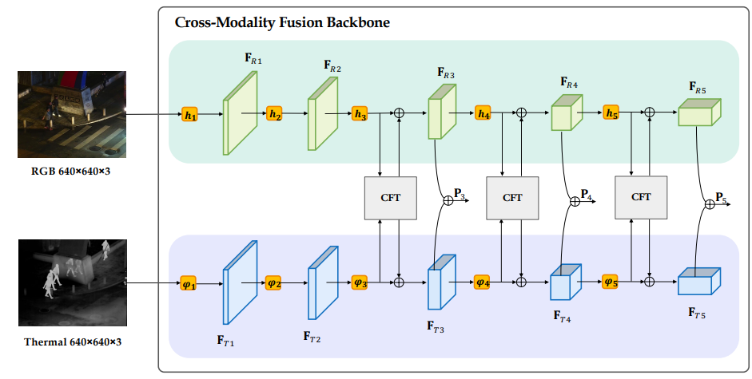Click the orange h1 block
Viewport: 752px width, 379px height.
(189, 115)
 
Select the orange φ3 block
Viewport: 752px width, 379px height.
(360, 282)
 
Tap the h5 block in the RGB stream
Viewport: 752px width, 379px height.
(611, 115)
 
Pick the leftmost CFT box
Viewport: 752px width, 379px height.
(391, 198)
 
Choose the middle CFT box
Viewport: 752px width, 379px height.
(513, 198)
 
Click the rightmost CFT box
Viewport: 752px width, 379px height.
(641, 198)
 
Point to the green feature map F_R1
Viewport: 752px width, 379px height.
(241, 113)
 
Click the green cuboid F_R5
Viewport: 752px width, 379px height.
(698, 113)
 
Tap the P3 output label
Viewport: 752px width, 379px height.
(460, 192)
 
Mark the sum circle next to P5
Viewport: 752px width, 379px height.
(708, 205)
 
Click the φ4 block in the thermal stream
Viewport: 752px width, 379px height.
(482, 282)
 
